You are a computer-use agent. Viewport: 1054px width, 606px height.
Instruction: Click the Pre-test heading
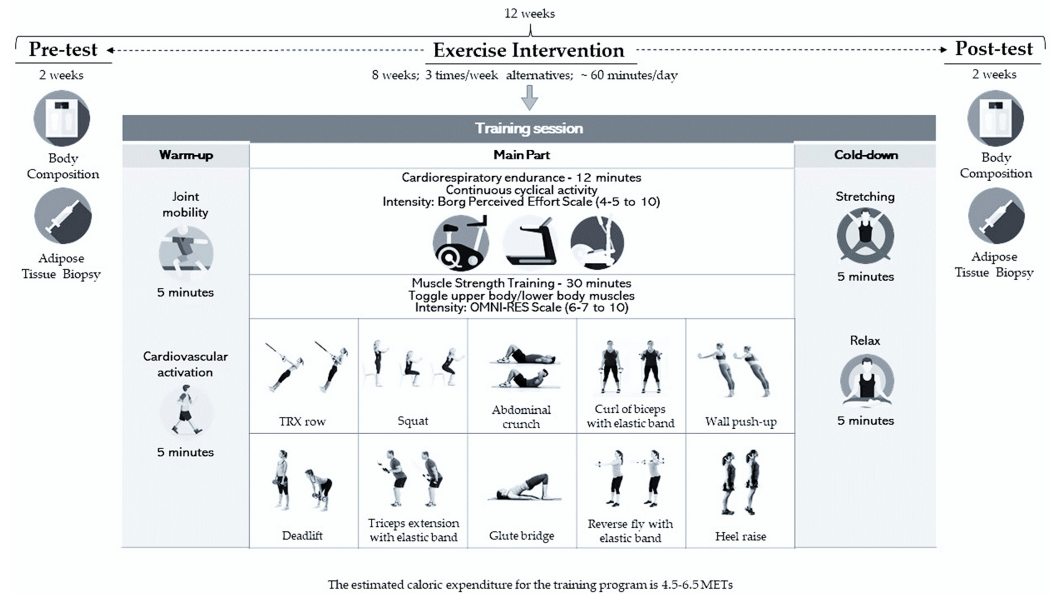[x=63, y=49]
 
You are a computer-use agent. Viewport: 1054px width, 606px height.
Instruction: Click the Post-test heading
[x=994, y=48]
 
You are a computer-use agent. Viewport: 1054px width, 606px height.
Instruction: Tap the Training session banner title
[x=529, y=128]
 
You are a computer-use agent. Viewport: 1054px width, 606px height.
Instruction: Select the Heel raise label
[x=741, y=536]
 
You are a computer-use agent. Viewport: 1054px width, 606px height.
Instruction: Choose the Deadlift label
[x=302, y=535]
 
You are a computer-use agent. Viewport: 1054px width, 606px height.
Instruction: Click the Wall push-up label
[x=741, y=422]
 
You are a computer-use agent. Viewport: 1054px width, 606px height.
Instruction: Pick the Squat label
[x=413, y=421]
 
